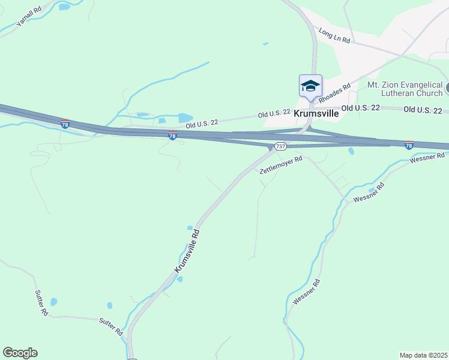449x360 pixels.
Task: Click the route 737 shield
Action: [280, 146]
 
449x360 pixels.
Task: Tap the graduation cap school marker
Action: [310, 86]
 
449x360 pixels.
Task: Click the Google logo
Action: [20, 353]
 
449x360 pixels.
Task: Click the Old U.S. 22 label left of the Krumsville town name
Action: [274, 113]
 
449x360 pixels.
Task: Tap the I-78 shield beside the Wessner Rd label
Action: [409, 145]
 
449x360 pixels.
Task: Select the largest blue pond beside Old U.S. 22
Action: [185, 118]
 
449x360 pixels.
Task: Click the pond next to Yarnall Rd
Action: [64, 7]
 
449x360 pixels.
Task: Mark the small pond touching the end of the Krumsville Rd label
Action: [179, 279]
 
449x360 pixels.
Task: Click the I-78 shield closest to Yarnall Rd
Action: [65, 124]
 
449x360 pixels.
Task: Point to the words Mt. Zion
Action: [381, 86]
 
